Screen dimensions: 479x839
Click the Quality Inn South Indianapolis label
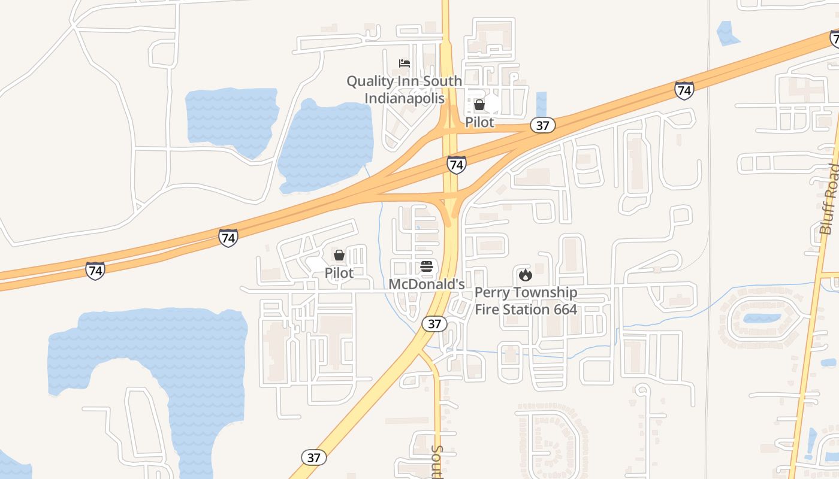pos(404,89)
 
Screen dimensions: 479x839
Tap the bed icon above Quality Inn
pos(405,63)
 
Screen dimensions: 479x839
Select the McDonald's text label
pos(427,284)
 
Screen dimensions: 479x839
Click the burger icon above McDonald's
pos(427,266)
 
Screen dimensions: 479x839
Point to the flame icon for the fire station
pos(526,275)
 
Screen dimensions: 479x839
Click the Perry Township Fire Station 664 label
pos(526,301)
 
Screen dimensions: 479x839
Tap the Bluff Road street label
pos(829,199)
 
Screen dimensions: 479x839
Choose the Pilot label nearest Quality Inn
pos(479,122)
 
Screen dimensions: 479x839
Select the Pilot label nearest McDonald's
pos(339,272)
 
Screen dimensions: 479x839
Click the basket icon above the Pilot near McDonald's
pos(339,256)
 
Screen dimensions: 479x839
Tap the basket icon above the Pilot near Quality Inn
pos(479,105)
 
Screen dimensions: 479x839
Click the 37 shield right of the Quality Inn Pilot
pos(542,125)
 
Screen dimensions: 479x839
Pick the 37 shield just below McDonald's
pos(434,324)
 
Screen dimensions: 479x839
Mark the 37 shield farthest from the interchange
pos(314,457)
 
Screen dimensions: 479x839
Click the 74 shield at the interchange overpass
pos(457,165)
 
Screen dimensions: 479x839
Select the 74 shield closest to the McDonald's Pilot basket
pos(228,238)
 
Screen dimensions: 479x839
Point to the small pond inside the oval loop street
pos(762,318)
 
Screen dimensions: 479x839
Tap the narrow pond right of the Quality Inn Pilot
pos(542,104)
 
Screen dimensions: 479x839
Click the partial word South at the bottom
pos(437,461)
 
